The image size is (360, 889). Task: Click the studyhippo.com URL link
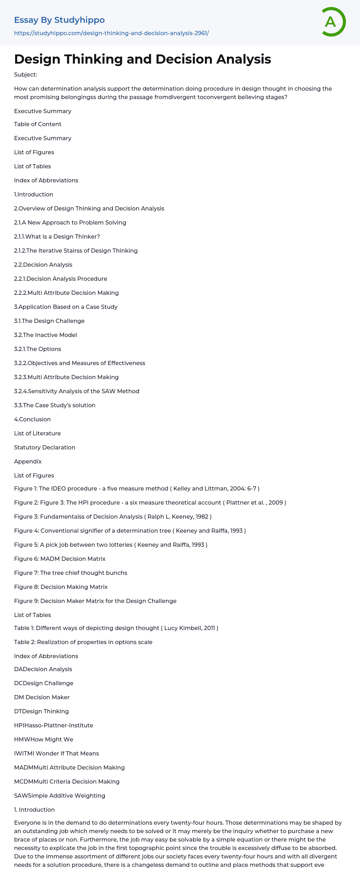tap(111, 33)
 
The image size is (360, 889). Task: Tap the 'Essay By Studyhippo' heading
tap(59, 20)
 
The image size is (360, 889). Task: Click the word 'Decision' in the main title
tap(185, 59)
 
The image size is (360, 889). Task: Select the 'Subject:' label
tap(25, 75)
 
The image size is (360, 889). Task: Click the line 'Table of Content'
tap(38, 124)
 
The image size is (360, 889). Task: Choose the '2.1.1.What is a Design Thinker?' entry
tap(57, 236)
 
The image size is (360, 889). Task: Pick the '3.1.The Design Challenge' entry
tap(49, 321)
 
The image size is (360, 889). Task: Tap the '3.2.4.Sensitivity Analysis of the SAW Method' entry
tap(77, 391)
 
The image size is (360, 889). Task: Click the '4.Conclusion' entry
tap(32, 419)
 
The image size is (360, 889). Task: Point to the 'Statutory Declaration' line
tap(45, 447)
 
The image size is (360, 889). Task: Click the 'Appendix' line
tap(28, 461)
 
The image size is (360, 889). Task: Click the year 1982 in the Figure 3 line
tap(202, 517)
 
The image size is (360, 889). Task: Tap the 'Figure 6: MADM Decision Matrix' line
tap(60, 559)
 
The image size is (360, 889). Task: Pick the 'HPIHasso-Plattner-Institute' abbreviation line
tap(53, 725)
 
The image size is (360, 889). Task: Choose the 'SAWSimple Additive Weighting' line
tap(59, 796)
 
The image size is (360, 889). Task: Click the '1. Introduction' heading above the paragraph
tap(34, 810)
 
